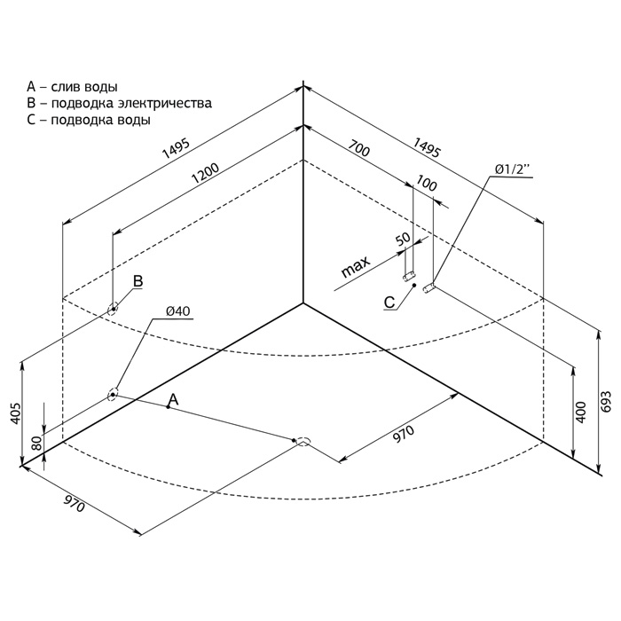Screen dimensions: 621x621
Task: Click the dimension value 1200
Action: coord(205,174)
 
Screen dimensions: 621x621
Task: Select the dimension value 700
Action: coord(359,148)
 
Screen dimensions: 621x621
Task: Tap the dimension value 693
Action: coord(606,403)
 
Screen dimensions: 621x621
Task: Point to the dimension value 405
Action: coord(15,413)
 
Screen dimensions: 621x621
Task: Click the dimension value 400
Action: coord(581,413)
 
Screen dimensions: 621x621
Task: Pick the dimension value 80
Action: coord(36,443)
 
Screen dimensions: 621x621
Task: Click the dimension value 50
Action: coord(403,240)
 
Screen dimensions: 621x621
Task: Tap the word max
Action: coord(355,266)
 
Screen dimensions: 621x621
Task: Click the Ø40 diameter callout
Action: coord(178,311)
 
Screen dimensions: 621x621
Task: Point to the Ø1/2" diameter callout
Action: coord(512,169)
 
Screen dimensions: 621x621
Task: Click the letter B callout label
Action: coord(138,281)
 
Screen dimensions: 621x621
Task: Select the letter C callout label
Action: coord(389,303)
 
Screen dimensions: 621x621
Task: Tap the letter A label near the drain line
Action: coord(173,399)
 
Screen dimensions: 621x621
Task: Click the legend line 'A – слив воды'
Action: coord(72,87)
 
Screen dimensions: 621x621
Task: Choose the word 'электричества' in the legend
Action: coord(165,103)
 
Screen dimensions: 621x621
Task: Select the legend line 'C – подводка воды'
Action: coord(89,119)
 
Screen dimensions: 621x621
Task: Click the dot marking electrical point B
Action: coord(114,309)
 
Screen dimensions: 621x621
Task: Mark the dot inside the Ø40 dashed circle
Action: coord(113,395)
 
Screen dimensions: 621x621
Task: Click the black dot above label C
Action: coord(414,285)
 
